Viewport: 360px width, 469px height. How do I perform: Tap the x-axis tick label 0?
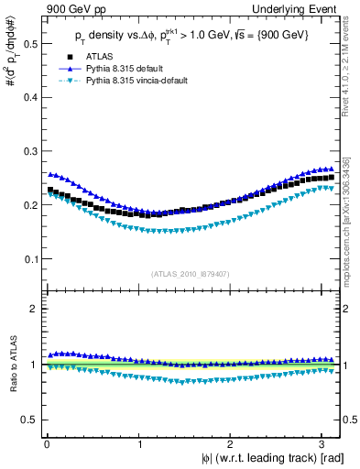[x=46, y=443]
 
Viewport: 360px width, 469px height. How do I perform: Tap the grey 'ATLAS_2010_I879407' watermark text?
[x=191, y=273]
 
